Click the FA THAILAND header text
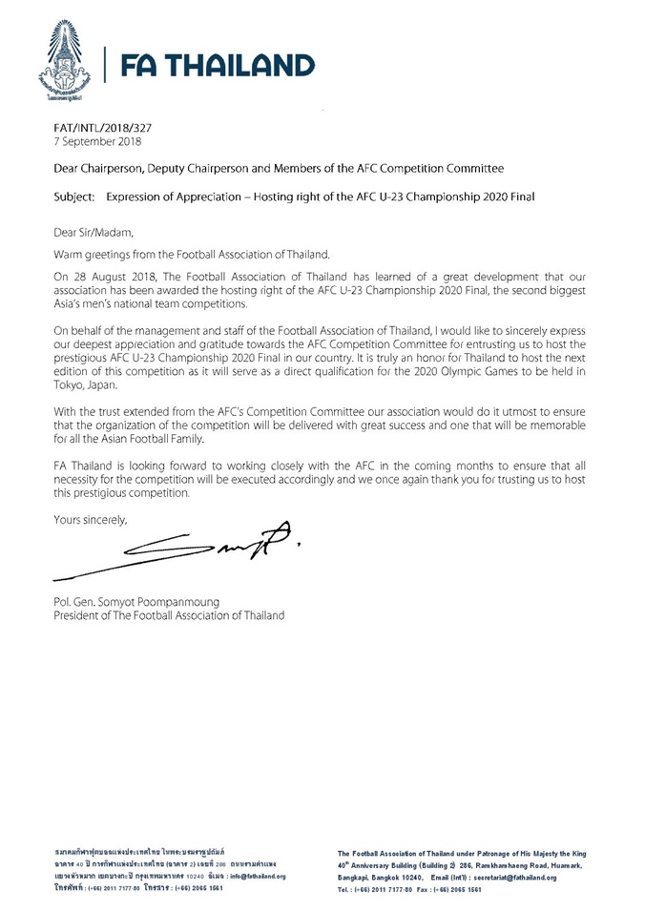click(x=218, y=65)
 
